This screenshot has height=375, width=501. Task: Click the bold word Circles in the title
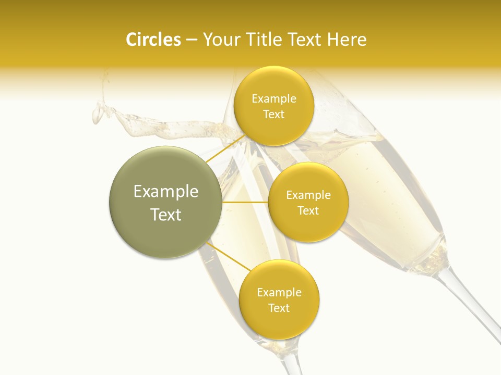tap(153, 40)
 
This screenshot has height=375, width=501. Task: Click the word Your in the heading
tap(221, 40)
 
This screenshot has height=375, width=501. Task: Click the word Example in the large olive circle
tap(165, 192)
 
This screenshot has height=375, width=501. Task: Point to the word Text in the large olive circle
tap(165, 215)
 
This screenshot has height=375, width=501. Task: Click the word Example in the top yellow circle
tap(273, 99)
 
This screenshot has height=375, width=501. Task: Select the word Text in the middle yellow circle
tap(308, 211)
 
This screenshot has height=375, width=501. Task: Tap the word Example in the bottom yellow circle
tap(279, 293)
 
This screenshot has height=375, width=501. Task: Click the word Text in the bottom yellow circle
tap(279, 308)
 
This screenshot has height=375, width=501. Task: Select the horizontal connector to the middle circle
tap(245, 202)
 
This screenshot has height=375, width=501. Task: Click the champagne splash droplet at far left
tap(97, 113)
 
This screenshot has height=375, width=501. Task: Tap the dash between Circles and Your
tap(192, 40)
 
